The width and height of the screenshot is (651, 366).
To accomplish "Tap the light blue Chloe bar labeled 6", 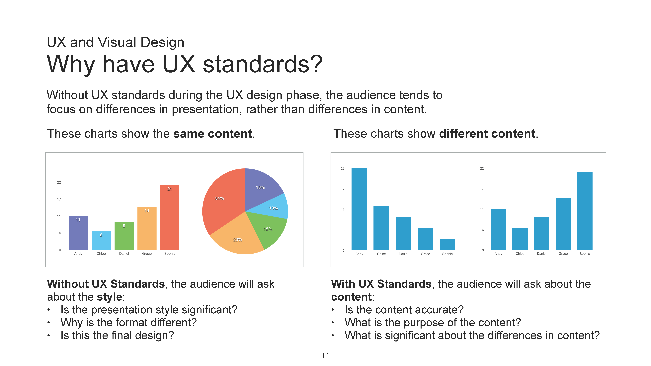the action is coord(101,240).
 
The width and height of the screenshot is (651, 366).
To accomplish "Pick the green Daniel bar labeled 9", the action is coord(124,236).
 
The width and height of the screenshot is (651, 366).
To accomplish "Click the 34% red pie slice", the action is coord(222,202).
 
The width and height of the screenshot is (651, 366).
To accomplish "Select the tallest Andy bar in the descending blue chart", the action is coord(359,209).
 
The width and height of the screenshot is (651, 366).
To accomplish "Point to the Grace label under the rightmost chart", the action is coord(563,254).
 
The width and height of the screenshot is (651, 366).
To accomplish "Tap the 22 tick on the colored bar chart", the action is coord(59,182).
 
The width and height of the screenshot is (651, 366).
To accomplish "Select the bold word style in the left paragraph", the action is coord(109,297).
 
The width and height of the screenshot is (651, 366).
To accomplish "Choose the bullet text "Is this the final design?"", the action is coord(117,335).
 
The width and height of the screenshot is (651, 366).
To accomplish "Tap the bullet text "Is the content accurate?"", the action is coord(404,310).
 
